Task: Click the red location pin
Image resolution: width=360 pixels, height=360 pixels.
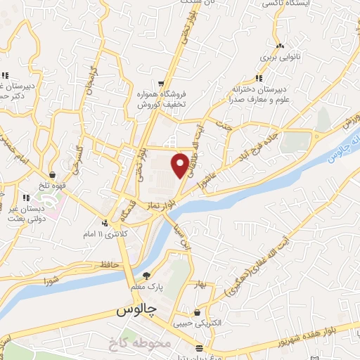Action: tap(181, 165)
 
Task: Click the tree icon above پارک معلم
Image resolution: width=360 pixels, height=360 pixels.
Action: tap(146, 276)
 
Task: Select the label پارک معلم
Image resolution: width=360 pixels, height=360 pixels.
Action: tap(146, 287)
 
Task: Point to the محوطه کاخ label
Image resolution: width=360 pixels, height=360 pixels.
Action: tap(141, 343)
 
